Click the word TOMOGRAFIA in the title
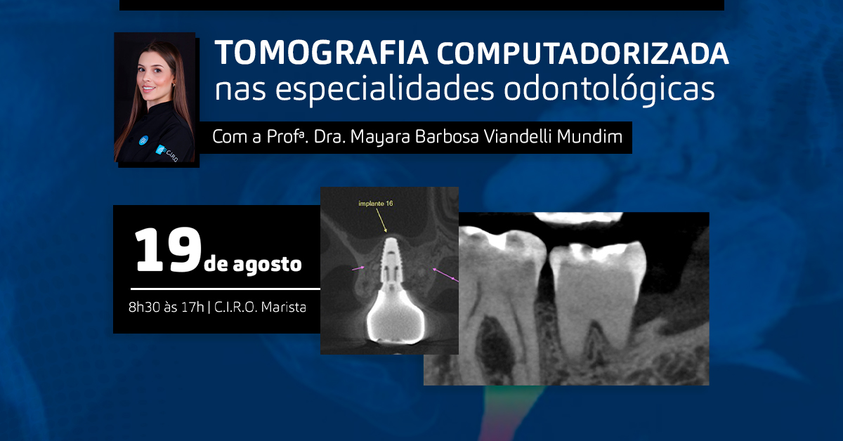click(x=322, y=53)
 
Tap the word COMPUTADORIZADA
click(x=583, y=53)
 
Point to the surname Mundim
click(x=589, y=136)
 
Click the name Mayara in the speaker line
click(x=380, y=137)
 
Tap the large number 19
click(x=167, y=250)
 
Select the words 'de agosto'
click(x=252, y=264)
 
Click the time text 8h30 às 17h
click(x=166, y=307)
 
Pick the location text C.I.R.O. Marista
click(x=260, y=307)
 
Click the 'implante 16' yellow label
click(x=376, y=204)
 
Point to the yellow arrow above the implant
click(x=381, y=220)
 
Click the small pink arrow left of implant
click(x=358, y=268)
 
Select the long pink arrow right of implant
click(x=445, y=275)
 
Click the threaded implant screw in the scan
click(x=391, y=260)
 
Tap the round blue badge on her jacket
click(x=143, y=140)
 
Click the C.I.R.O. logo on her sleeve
click(x=166, y=153)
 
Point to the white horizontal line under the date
click(x=225, y=289)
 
